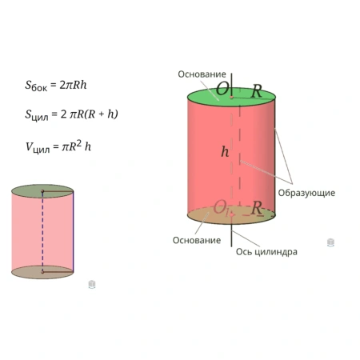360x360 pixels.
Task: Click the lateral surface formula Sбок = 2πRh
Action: (x=56, y=86)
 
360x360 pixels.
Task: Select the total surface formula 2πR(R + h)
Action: (x=71, y=114)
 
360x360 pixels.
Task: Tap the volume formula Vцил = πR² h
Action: (x=58, y=146)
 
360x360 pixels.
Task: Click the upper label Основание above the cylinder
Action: (x=202, y=74)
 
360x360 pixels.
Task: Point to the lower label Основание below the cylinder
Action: (x=197, y=240)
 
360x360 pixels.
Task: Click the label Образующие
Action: (x=306, y=193)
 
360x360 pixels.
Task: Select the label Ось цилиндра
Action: (x=266, y=252)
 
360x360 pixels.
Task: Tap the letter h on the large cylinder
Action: (x=225, y=152)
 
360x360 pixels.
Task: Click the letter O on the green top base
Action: (x=222, y=89)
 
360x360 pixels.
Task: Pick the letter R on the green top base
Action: (x=257, y=91)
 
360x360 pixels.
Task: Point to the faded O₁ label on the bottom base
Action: (x=221, y=207)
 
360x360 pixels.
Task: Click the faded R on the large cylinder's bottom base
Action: (x=257, y=208)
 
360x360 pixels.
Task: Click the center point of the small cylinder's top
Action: (x=42, y=191)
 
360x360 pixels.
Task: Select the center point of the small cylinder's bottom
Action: (x=42, y=272)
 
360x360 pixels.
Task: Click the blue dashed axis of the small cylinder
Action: (x=42, y=231)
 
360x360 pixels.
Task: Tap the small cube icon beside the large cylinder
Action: (x=330, y=242)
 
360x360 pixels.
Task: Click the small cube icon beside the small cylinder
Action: (x=92, y=284)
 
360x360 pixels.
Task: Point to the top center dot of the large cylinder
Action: (x=231, y=98)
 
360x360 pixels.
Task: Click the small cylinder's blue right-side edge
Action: (x=73, y=231)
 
